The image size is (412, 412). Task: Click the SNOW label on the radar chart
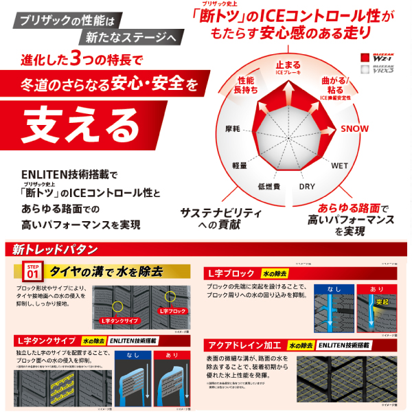355,129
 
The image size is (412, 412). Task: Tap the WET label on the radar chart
340,166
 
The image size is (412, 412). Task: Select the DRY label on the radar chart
307,186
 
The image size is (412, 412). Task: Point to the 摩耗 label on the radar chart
233,129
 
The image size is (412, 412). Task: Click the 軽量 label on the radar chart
239,165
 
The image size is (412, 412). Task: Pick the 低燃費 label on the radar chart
268,186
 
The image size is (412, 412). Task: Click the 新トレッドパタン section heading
51,249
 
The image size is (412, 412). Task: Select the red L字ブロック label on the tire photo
171,311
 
